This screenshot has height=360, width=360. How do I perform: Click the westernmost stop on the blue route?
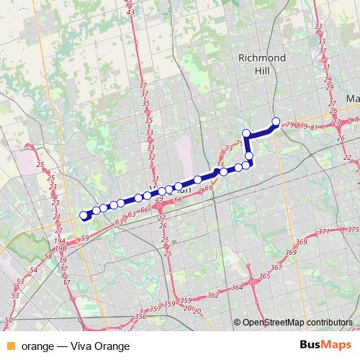coord(84,215)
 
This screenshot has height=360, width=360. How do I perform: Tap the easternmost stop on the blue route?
coord(275,122)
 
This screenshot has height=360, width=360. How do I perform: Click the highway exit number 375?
coord(353,229)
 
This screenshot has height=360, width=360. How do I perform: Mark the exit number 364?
coord(237,287)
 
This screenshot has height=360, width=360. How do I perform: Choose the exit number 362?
coord(212,295)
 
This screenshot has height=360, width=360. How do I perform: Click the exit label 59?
coord(85,238)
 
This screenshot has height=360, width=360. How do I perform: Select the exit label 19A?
coord(59,241)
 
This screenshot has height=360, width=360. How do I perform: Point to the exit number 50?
coord(8,319)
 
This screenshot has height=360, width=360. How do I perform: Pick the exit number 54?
coord(34,270)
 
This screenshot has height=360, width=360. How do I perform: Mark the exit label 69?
coord(208,188)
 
